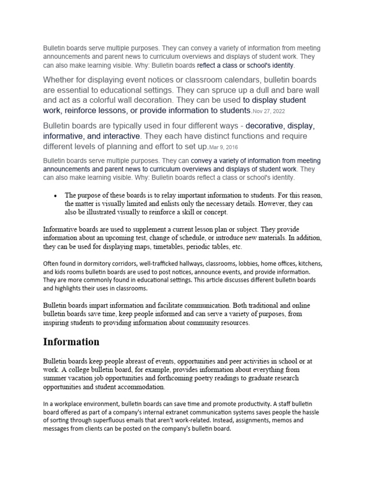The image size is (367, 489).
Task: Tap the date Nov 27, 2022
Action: pyautogui.click(x=271, y=111)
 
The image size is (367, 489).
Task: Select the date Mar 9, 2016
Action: pyautogui.click(x=224, y=147)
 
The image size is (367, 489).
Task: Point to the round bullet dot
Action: pyautogui.click(x=56, y=196)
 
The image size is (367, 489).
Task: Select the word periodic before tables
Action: pyautogui.click(x=190, y=247)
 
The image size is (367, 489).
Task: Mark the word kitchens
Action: pyautogui.click(x=309, y=263)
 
